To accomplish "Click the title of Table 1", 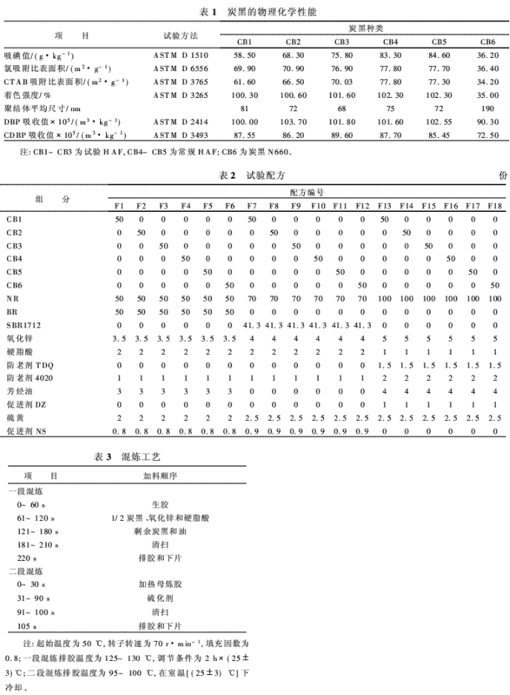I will (x=254, y=13).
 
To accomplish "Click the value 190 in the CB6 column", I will (x=488, y=108).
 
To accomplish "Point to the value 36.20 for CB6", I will (x=488, y=56).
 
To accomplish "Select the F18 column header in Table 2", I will (x=494, y=204).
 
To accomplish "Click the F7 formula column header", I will (x=252, y=204).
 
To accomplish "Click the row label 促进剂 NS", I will (x=26, y=431).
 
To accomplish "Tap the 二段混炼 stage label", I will (x=24, y=571).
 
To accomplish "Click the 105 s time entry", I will (x=27, y=625).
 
